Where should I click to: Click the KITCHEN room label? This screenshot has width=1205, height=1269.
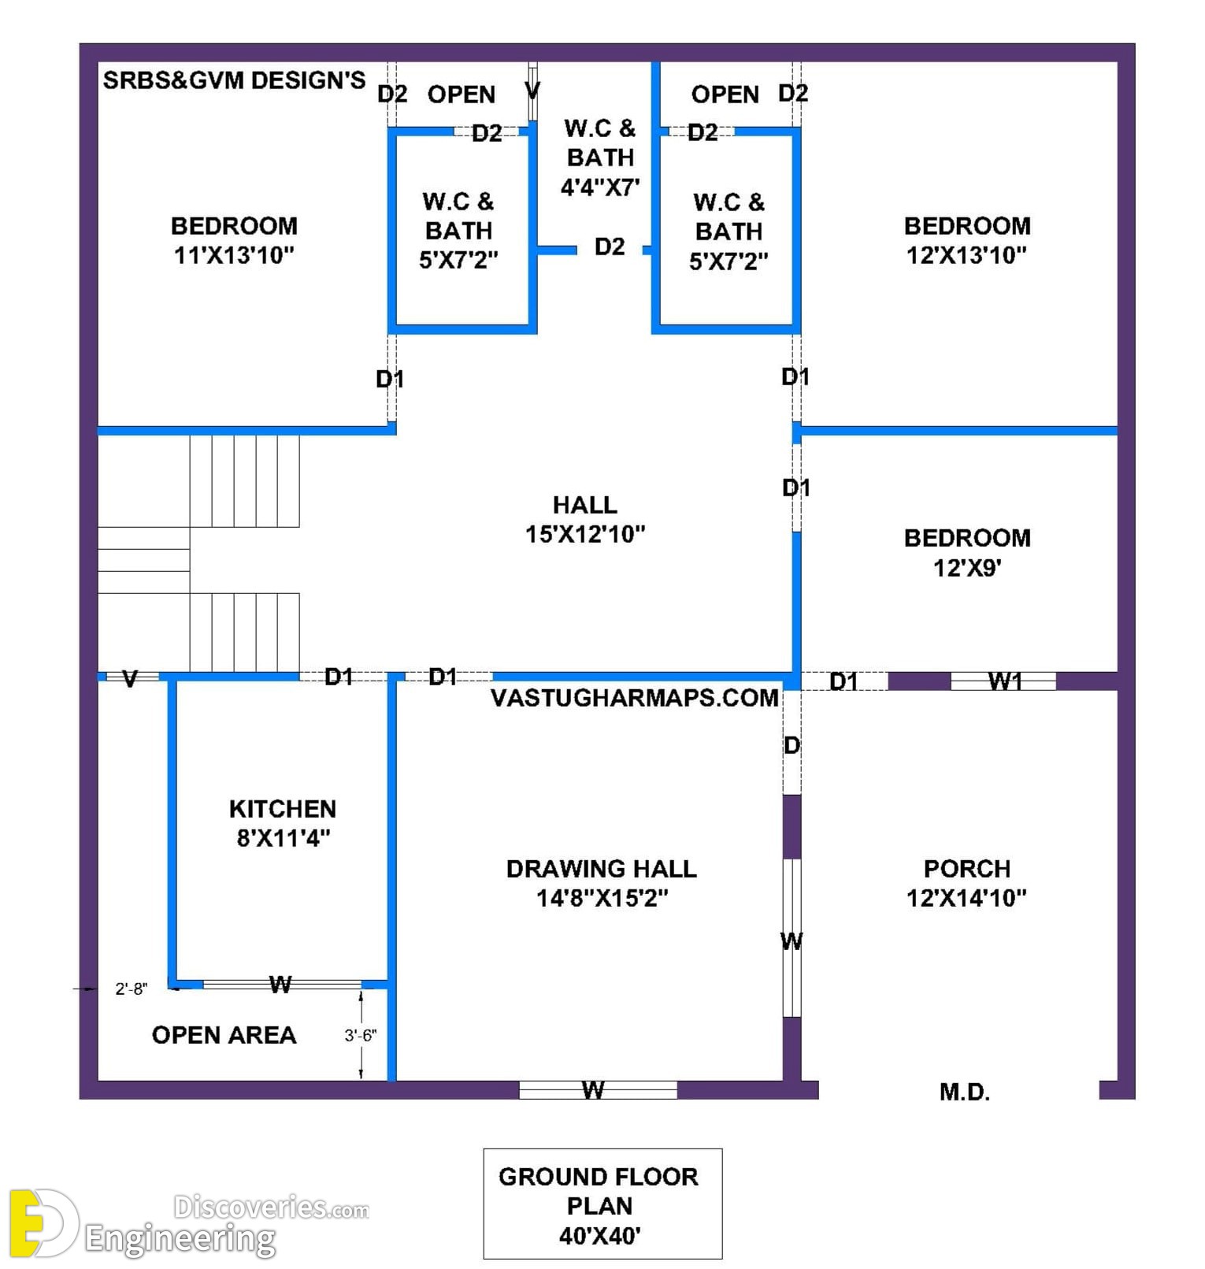(283, 809)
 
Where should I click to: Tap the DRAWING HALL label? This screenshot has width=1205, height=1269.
(602, 869)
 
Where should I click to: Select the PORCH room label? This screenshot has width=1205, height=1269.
(967, 869)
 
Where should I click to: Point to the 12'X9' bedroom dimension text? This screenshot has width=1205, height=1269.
(967, 567)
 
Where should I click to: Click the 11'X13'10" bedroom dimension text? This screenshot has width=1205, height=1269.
(234, 255)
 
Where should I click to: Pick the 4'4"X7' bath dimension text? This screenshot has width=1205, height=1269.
(600, 187)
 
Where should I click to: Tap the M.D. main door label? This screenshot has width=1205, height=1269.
(965, 1092)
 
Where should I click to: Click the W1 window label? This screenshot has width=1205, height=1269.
(1005, 681)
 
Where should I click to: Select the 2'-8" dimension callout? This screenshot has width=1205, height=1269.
(131, 989)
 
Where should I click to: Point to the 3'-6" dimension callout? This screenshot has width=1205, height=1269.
(361, 1035)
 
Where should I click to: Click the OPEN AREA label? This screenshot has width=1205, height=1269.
(224, 1035)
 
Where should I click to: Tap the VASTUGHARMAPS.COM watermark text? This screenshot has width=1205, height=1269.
(635, 698)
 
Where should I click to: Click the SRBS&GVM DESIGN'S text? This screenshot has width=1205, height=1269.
(235, 80)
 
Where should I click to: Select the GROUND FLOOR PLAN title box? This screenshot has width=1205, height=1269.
(602, 1204)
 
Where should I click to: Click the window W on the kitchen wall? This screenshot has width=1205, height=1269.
(281, 985)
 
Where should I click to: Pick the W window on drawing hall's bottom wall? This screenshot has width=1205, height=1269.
(598, 1090)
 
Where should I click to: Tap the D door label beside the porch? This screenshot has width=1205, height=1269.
(792, 745)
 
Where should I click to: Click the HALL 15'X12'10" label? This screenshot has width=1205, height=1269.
(585, 519)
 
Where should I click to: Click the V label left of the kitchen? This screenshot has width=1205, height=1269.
(131, 679)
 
